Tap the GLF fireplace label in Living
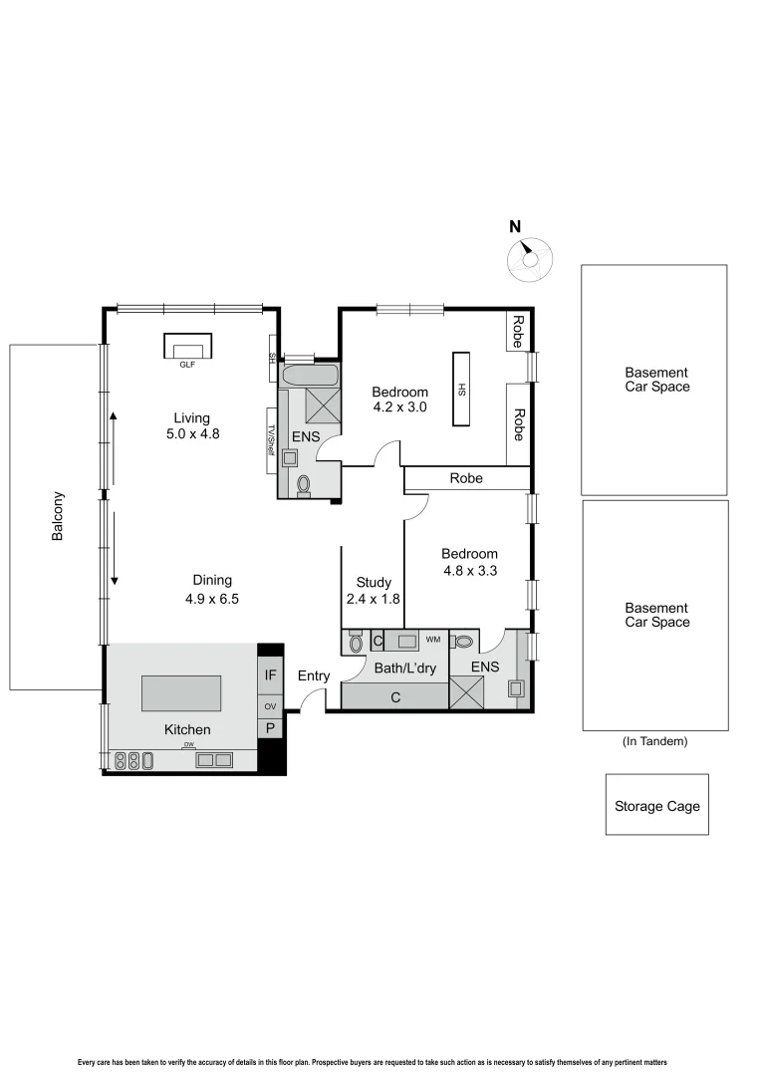pos(186,365)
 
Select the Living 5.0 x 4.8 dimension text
pos(191,425)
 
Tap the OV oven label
pos(270,706)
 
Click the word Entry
pos(313,676)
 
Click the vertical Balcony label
pos(58,516)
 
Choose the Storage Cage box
pos(656,805)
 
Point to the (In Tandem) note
pos(654,741)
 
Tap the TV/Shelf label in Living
pos(270,439)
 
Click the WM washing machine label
pos(432,639)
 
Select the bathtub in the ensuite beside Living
pos(309,376)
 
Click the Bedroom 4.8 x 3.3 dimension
pos(469,563)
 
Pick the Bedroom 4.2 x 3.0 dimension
pos(399,400)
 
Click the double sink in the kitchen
pos(214,760)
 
